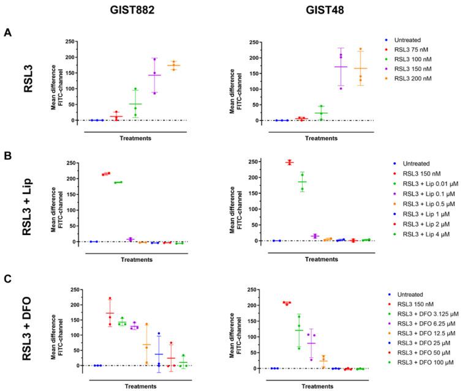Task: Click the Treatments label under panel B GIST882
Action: click(137, 259)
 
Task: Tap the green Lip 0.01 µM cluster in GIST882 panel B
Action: click(118, 182)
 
